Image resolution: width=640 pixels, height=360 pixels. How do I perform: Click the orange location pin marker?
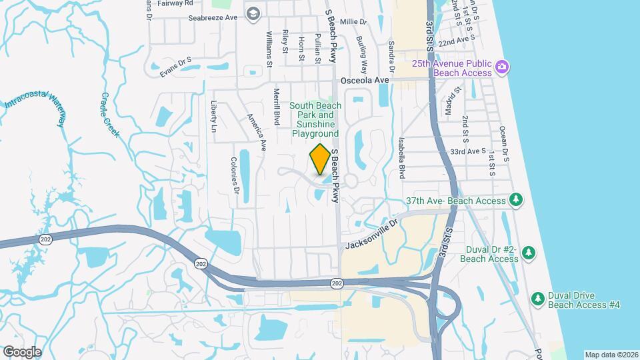point(320,159)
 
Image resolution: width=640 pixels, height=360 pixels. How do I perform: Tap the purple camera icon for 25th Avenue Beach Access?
point(502,67)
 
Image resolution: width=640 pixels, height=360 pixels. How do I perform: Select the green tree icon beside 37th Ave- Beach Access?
point(515,199)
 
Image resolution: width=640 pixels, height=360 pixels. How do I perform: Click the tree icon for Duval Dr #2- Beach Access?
point(527,253)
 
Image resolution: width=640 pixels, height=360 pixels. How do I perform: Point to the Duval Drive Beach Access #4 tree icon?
point(537,297)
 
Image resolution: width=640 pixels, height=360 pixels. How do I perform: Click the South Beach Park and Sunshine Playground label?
point(315,119)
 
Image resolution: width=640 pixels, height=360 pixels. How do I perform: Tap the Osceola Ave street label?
point(364,80)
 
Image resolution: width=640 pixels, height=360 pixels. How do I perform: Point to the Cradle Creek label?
point(109,115)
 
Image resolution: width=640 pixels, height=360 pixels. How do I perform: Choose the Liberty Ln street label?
point(214,116)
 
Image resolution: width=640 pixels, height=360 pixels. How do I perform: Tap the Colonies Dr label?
point(235,175)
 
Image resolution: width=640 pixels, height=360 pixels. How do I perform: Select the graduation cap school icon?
point(253,13)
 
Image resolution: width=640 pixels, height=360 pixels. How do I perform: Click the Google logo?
point(22,351)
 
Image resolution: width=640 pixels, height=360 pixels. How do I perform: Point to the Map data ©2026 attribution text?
point(611,355)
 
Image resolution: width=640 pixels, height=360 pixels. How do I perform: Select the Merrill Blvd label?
point(276,105)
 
